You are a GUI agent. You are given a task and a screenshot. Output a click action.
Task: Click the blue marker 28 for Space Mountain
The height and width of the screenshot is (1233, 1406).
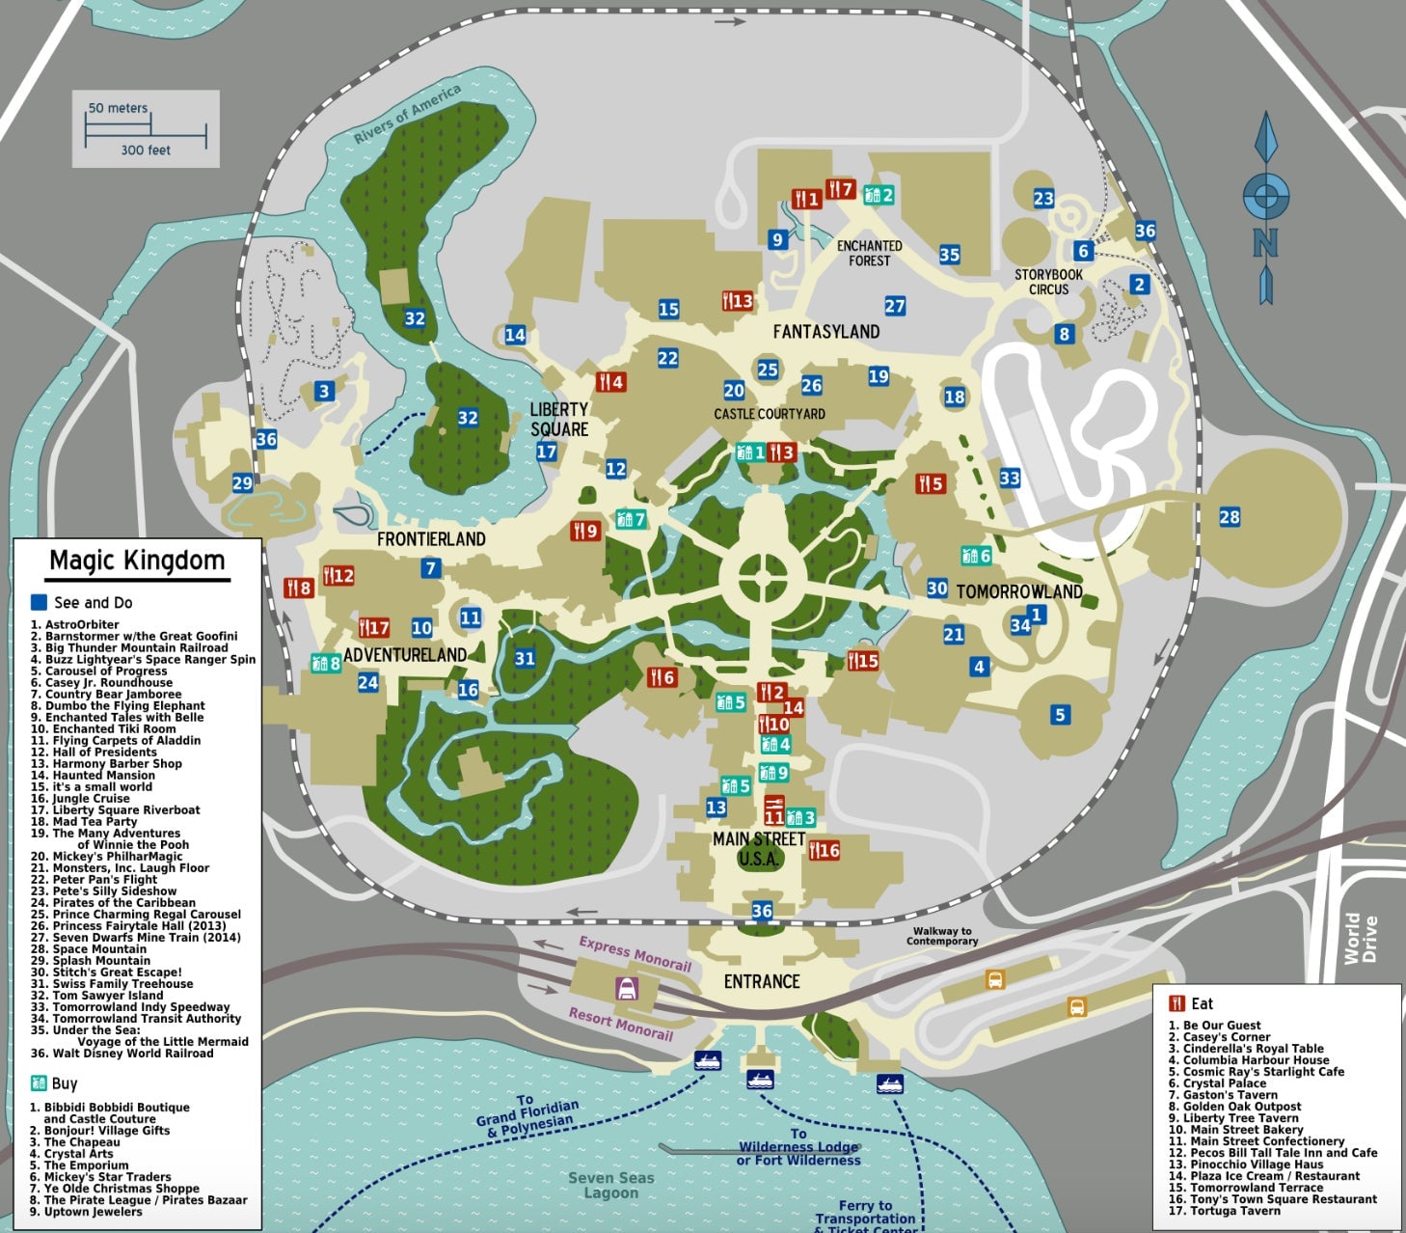[1229, 517]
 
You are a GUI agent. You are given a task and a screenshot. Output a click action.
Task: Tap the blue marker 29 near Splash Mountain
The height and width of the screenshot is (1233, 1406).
[242, 483]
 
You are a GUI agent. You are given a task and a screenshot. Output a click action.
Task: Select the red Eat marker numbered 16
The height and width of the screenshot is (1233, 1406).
[824, 850]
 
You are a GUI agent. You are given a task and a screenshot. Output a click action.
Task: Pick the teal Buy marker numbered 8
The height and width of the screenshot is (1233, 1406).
[326, 663]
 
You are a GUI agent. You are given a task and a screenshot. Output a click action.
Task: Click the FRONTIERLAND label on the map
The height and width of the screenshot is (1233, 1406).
[431, 539]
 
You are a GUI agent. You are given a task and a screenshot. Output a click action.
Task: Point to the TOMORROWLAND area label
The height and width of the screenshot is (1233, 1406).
[1018, 591]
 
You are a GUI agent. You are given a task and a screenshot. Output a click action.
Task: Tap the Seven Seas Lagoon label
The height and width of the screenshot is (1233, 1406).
[610, 1185]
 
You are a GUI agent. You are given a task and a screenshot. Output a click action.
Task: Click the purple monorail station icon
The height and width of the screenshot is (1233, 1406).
[627, 988]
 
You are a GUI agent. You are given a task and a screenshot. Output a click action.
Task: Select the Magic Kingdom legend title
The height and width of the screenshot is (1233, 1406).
[137, 561]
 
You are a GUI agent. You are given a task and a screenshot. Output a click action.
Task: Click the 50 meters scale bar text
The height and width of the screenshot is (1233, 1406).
[118, 108]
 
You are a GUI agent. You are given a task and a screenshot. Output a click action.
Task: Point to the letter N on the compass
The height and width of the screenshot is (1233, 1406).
[1265, 242]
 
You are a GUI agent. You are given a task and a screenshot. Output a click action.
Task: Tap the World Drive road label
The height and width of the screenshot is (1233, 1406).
[1362, 939]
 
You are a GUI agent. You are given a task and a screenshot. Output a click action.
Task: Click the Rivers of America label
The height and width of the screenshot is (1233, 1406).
[407, 114]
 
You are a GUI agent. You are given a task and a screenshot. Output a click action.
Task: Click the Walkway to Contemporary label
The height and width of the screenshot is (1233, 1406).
[941, 936]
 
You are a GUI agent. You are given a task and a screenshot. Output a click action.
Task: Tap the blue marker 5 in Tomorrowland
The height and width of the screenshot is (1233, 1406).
[1060, 715]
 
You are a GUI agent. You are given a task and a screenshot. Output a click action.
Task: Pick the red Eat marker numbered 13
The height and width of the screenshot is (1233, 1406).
[738, 301]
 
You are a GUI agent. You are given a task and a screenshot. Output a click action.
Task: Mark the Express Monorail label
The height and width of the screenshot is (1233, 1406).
[635, 952]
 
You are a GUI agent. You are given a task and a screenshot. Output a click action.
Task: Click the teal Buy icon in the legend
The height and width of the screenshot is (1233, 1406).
[39, 1082]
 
